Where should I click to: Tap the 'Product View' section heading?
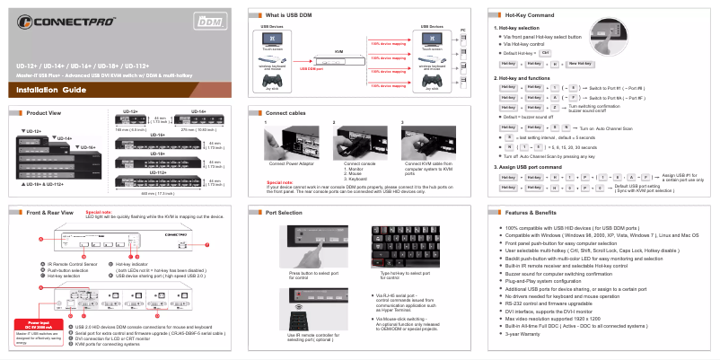tap(44, 113)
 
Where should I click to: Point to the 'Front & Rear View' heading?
tap(49, 212)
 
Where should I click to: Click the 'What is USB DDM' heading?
tap(290, 16)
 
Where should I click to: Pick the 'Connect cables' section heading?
tap(288, 113)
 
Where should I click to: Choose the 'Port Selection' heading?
tap(285, 212)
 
